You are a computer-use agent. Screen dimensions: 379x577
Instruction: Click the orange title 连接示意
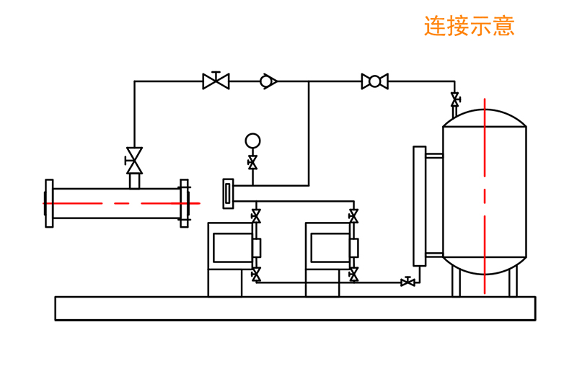tap(469, 26)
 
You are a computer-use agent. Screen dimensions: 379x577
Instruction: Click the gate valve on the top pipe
tap(216, 81)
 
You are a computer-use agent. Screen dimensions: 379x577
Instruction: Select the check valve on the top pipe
tap(268, 81)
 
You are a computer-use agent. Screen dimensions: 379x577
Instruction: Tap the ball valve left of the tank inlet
tap(374, 81)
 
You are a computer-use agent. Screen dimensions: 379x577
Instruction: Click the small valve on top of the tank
tap(455, 99)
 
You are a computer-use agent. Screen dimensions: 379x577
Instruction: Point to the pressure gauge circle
tap(252, 141)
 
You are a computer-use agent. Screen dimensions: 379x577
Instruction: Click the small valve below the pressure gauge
tap(252, 163)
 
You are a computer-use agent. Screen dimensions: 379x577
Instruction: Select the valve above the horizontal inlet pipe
tap(134, 161)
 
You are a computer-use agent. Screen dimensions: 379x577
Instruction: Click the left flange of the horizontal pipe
tap(49, 203)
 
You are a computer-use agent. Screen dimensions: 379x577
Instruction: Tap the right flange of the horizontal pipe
tap(184, 203)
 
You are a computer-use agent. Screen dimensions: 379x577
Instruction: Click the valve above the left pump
tap(256, 215)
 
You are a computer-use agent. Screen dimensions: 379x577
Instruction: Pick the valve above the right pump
tap(353, 215)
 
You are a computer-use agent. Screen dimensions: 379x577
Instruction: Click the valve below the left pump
tap(256, 275)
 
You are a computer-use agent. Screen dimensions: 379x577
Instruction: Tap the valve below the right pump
tap(353, 275)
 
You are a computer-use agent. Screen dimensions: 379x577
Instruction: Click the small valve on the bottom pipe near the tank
tap(408, 282)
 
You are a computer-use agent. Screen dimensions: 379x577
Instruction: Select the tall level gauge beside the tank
tap(419, 206)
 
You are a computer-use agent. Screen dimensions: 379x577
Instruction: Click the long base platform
tap(295, 308)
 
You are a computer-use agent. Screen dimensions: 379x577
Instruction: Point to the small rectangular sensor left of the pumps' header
tap(229, 194)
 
